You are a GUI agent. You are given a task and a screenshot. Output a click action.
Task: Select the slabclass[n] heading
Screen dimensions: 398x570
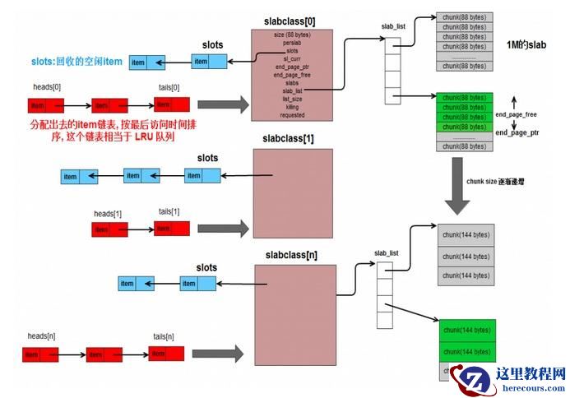click(x=292, y=255)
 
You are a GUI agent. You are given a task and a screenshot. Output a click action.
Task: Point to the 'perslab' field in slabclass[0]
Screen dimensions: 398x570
click(x=292, y=42)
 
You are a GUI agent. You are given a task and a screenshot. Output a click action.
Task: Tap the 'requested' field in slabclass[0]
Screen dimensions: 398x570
click(x=292, y=115)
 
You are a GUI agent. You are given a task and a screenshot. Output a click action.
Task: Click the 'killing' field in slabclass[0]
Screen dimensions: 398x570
click(x=292, y=107)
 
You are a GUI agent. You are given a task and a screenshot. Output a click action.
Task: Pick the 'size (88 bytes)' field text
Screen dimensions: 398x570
click(x=292, y=35)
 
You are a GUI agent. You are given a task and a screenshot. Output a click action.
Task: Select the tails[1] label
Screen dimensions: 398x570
click(x=169, y=211)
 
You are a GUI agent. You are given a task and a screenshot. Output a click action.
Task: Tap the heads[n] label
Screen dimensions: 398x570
click(x=41, y=336)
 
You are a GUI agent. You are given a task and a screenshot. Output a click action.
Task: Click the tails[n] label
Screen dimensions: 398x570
click(x=164, y=336)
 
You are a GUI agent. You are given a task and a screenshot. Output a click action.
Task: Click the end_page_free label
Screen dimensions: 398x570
click(x=516, y=115)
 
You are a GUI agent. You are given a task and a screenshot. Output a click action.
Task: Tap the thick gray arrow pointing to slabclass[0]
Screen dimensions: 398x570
click(x=223, y=104)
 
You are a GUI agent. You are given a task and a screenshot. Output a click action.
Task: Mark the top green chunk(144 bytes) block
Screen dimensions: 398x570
click(x=466, y=330)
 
